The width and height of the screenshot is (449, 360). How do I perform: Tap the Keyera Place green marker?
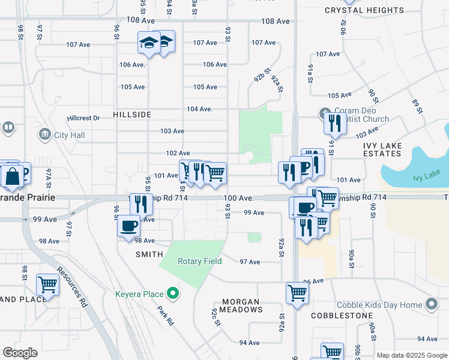click(x=173, y=294)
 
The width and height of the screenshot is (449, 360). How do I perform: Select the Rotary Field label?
click(x=200, y=261)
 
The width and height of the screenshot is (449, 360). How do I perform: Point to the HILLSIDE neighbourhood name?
click(x=131, y=114)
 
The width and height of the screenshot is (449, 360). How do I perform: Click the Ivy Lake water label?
click(x=427, y=178)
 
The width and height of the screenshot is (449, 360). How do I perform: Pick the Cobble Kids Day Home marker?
click(x=431, y=305)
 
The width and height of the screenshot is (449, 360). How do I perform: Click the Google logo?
click(x=20, y=353)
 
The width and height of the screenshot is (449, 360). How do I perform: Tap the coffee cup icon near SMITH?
click(x=129, y=226)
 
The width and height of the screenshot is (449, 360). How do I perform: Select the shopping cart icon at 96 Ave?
click(x=297, y=293)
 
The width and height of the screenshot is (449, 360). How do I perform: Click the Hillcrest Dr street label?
click(x=83, y=118)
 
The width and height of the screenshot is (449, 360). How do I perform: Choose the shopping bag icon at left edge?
click(x=13, y=175)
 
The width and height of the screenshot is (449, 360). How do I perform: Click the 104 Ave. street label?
click(x=200, y=109)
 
